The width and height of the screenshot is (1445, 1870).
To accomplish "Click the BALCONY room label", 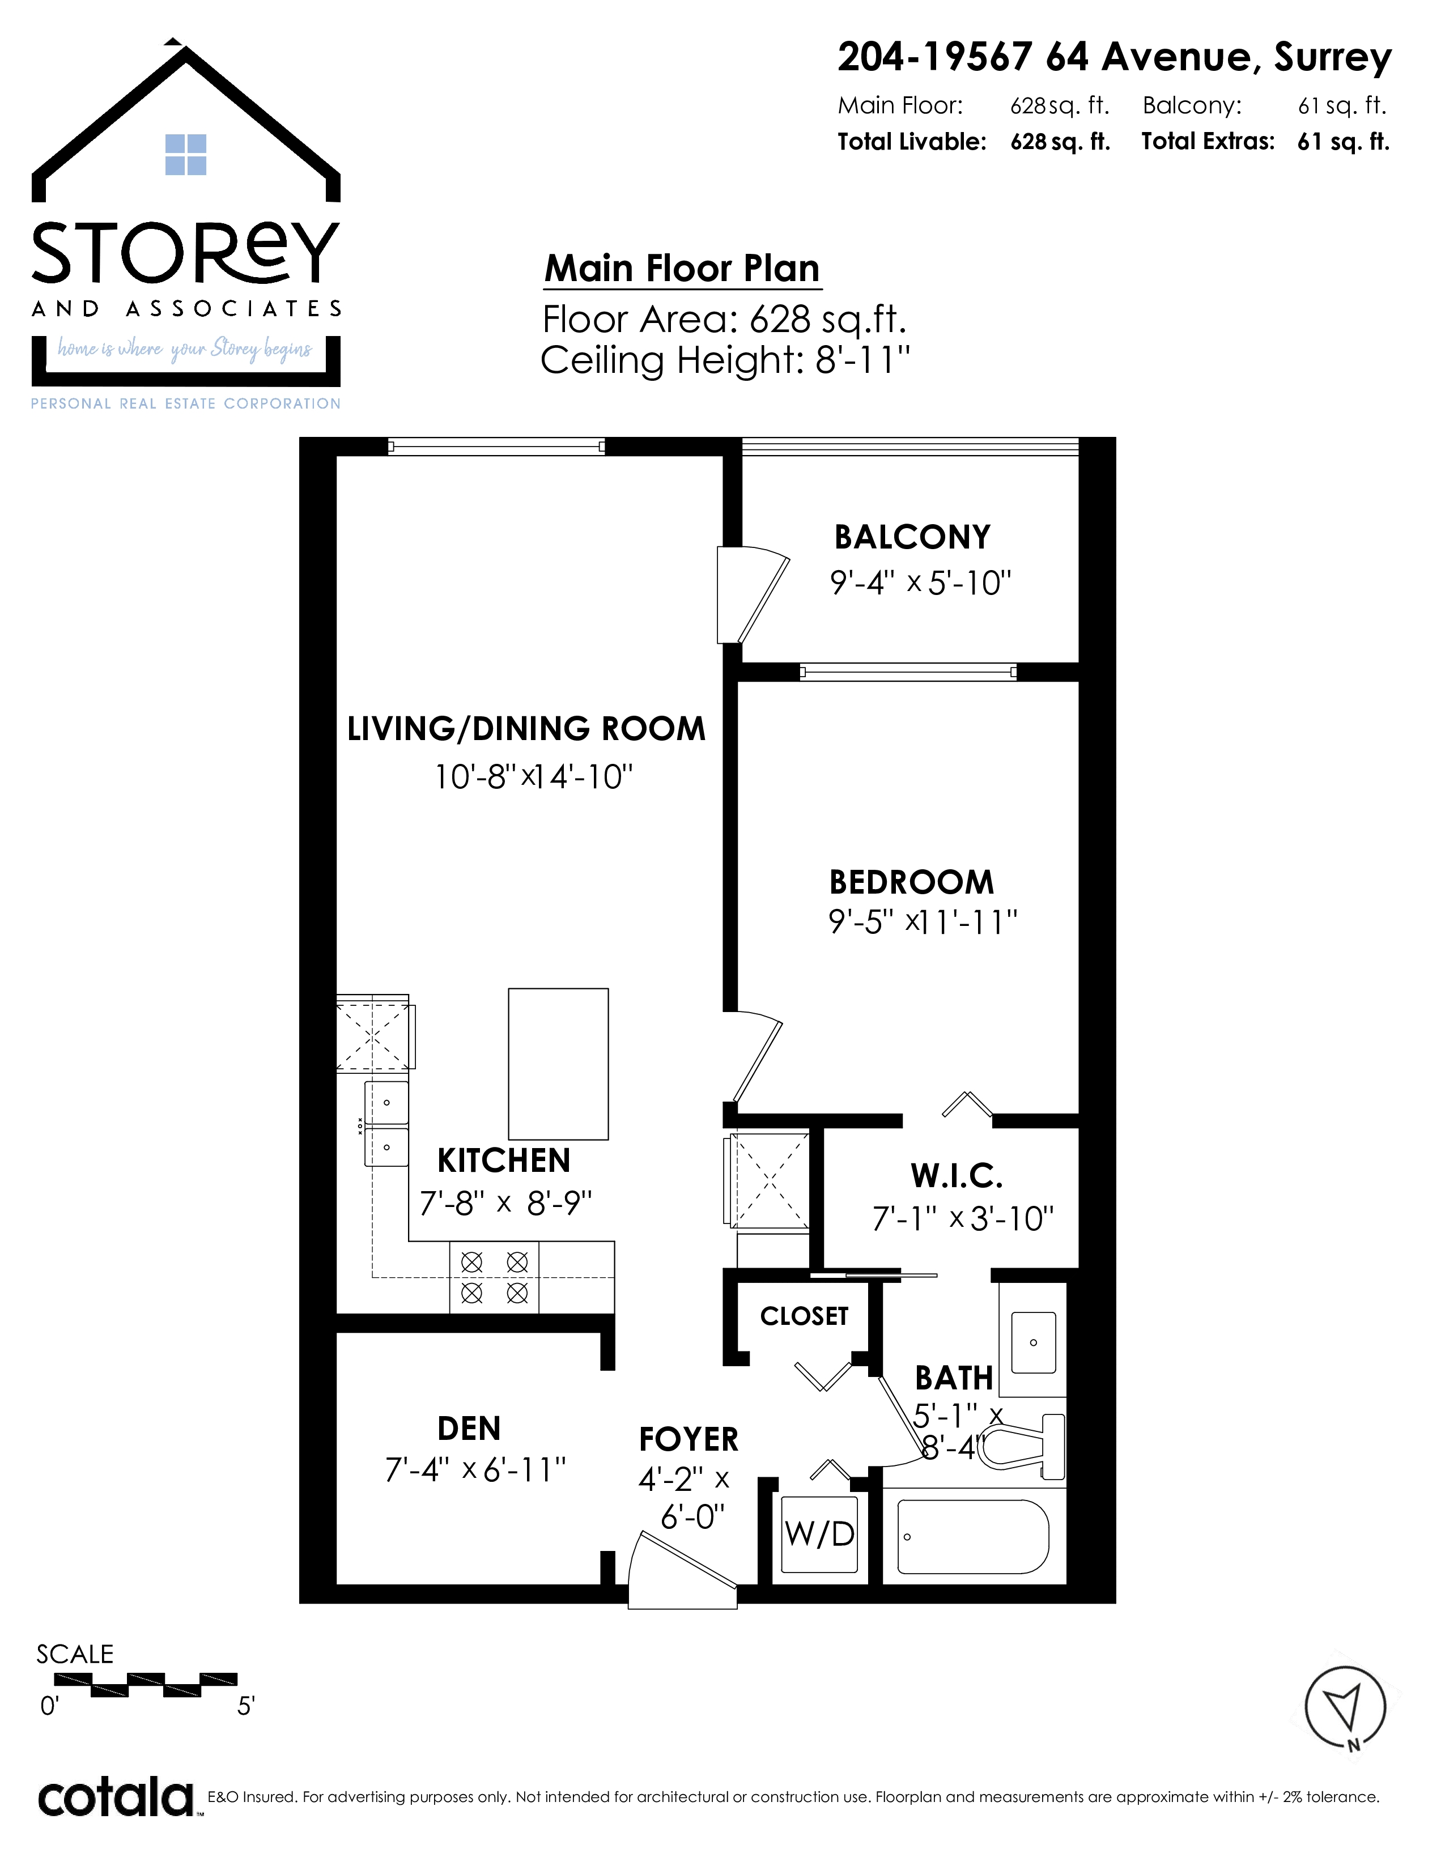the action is [912, 538].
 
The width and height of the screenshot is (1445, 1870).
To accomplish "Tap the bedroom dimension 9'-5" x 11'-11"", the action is [923, 922].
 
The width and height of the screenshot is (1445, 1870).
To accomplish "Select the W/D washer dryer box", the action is [820, 1535].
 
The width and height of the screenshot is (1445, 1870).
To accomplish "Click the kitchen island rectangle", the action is [558, 1064].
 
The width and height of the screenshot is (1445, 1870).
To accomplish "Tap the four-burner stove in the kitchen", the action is [494, 1277].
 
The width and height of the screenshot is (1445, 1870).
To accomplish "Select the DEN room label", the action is [469, 1428].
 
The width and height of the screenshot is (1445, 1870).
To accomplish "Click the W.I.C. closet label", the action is [957, 1176].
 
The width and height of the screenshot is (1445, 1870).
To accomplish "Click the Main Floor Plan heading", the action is [682, 268].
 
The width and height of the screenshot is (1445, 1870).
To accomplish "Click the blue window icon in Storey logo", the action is [186, 154].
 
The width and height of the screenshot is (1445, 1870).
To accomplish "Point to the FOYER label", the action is [688, 1439].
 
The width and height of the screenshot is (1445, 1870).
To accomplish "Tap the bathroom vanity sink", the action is [1033, 1342].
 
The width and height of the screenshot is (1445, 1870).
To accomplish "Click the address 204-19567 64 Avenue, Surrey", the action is [1115, 57].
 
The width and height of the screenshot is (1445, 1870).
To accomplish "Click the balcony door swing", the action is [753, 594].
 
